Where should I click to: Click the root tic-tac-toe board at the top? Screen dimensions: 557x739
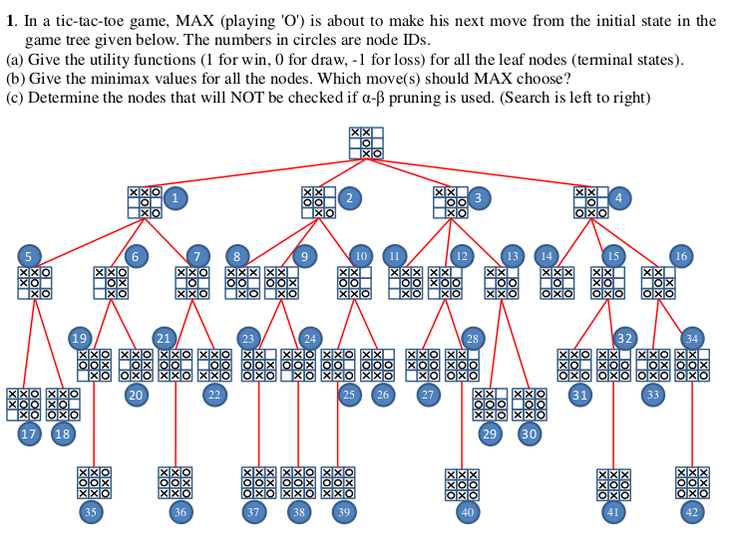[366, 143]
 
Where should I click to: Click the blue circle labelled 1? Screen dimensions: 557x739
[176, 198]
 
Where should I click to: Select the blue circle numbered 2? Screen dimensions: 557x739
[348, 198]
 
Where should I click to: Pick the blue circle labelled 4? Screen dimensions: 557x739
[618, 198]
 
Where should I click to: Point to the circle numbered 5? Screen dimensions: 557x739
[29, 255]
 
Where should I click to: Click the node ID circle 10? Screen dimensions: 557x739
[361, 256]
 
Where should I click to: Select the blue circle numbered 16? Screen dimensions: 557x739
[680, 256]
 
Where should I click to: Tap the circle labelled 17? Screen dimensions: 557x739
[29, 433]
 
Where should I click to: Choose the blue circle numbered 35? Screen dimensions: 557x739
[92, 511]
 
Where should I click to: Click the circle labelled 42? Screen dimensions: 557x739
[692, 511]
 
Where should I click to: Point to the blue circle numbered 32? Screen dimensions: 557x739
[624, 337]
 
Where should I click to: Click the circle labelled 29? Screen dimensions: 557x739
[489, 433]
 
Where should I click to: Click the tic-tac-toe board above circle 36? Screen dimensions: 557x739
[176, 482]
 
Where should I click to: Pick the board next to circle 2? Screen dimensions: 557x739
[318, 202]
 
